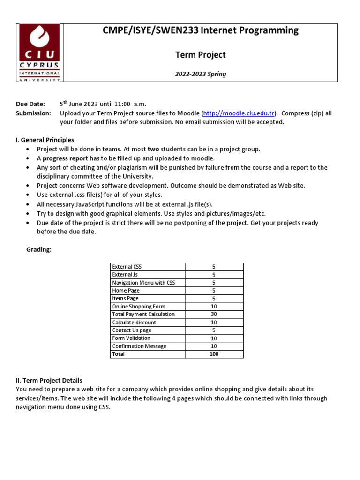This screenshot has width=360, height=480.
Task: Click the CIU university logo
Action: pyautogui.click(x=39, y=52)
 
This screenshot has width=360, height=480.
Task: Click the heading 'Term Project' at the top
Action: pyautogui.click(x=200, y=55)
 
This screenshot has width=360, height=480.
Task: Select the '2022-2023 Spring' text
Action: pyautogui.click(x=200, y=74)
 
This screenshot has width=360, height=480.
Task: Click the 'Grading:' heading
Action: pyautogui.click(x=38, y=250)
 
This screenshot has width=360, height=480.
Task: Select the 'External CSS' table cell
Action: pyautogui.click(x=127, y=267)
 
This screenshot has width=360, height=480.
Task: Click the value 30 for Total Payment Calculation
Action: pyautogui.click(x=214, y=314)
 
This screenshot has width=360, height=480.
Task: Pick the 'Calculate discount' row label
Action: pyautogui.click(x=134, y=322)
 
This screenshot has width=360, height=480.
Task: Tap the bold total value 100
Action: pyautogui.click(x=214, y=354)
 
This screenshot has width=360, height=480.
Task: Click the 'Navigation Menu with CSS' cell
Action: pyautogui.click(x=143, y=283)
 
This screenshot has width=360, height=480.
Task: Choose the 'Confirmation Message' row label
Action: pyautogui.click(x=139, y=346)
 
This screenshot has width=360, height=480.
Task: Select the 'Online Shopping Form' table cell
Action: pyautogui.click(x=139, y=307)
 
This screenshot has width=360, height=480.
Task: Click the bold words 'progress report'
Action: pyautogui.click(x=65, y=158)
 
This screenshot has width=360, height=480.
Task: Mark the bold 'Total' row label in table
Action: pyautogui.click(x=119, y=354)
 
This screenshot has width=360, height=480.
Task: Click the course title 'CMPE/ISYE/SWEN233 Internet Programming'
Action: pyautogui.click(x=200, y=31)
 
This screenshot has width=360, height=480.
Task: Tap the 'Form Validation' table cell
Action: pyautogui.click(x=131, y=338)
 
